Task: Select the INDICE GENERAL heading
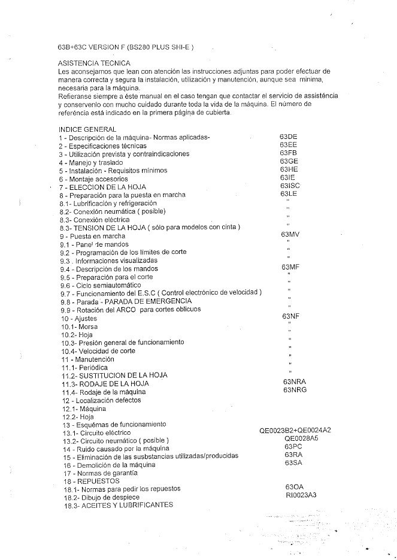[87, 129]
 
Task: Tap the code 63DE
[288, 137]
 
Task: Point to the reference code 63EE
[288, 145]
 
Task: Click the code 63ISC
[290, 186]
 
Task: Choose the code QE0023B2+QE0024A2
[295, 431]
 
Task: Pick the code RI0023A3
[301, 495]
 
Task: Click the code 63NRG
[296, 390]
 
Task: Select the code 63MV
[289, 234]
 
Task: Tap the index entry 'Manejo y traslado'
[90, 162]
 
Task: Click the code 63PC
[293, 447]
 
